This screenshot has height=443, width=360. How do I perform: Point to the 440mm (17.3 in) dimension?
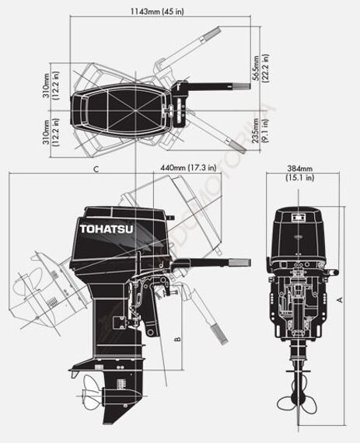187,166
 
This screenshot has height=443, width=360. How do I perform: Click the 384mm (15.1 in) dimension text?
299,173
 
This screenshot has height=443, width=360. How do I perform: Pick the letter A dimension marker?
339,298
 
